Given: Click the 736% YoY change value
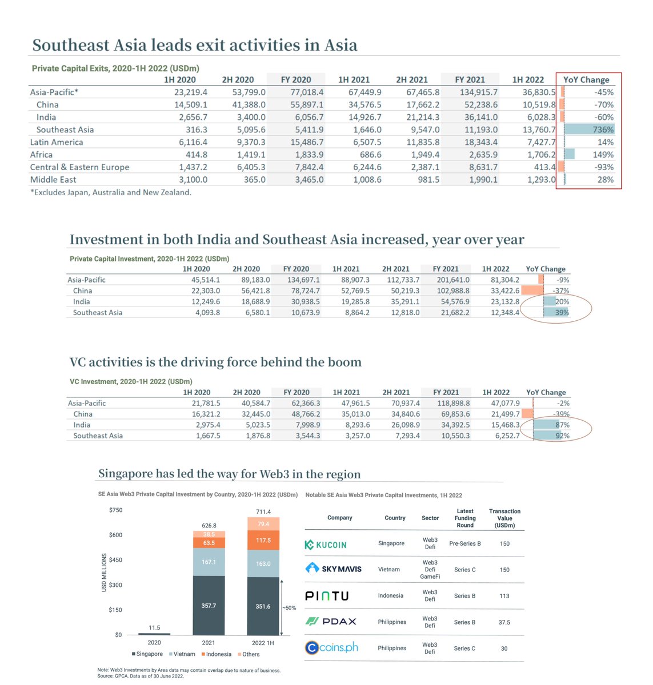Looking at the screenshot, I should coord(603,130).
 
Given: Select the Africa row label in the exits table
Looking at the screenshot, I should coord(41,155).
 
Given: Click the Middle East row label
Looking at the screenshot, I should coord(53,179).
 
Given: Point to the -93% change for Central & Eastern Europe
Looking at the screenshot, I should coord(604,167).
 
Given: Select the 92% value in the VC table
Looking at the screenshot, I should coord(562,436).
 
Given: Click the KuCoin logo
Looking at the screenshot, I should coord(326,545).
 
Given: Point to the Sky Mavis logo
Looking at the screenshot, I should coord(334,569).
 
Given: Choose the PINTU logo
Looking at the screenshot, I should coord(326,596).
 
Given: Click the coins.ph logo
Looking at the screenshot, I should coord(332,648).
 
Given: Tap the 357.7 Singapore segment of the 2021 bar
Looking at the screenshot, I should coord(209,606).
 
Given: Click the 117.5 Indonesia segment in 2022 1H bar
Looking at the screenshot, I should coord(263,540).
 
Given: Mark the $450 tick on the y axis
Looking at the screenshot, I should coord(115,560).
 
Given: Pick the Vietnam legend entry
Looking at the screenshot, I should coord(182,654).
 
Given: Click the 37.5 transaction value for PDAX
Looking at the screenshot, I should coord(504,622).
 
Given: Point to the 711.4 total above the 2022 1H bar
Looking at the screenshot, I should coord(263,511).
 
